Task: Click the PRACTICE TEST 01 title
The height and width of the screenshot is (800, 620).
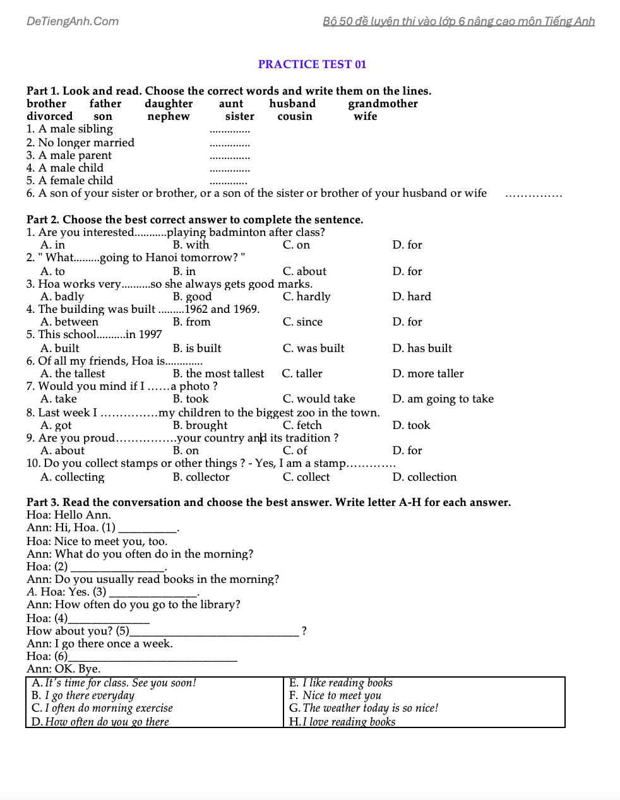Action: [x=312, y=64]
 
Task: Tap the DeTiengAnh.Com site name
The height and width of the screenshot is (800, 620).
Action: [x=73, y=21]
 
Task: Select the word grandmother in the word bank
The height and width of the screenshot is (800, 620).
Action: [x=383, y=103]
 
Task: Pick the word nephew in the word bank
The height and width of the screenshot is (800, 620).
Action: [x=168, y=116]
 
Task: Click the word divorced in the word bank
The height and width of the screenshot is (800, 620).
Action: [x=49, y=116]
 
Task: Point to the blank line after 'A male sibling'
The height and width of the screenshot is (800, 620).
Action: [x=230, y=131]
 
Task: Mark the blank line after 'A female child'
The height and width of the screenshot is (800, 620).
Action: [x=229, y=182]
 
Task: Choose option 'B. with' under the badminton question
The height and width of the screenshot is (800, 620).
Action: [x=191, y=245]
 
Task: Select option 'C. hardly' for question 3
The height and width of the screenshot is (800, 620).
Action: [x=306, y=297]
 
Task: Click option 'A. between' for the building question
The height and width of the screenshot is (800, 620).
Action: [x=69, y=322]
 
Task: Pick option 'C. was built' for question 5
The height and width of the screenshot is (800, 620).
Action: [x=313, y=348]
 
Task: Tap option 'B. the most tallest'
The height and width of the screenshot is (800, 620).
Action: [x=218, y=374]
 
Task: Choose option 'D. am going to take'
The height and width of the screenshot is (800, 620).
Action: [x=443, y=399]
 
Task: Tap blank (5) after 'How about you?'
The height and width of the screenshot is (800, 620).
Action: [x=214, y=632]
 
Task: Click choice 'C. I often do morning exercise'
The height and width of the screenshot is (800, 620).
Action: [x=102, y=708]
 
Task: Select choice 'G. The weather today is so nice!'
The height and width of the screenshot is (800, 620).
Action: [x=363, y=708]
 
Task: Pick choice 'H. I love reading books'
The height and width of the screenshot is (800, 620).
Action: [x=342, y=722]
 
